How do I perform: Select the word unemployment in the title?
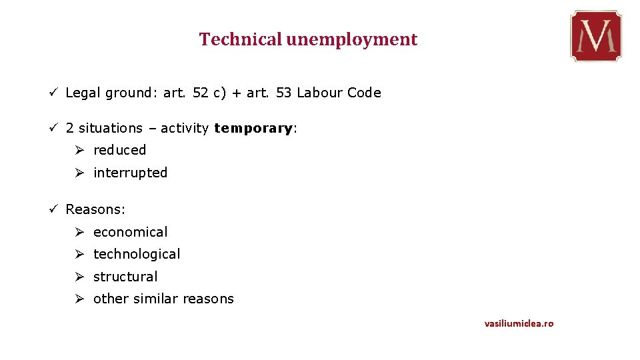click(x=352, y=40)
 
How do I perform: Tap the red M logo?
click(x=595, y=36)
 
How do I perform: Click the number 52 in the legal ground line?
click(x=200, y=93)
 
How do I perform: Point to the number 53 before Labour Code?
click(x=283, y=93)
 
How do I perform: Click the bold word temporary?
click(x=253, y=128)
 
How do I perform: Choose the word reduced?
click(x=119, y=150)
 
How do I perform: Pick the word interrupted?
click(x=130, y=173)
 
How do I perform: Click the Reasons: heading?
click(x=95, y=209)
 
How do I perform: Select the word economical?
click(x=130, y=232)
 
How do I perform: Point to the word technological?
click(x=137, y=254)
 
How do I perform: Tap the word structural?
click(x=125, y=277)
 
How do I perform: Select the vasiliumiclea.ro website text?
click(x=519, y=323)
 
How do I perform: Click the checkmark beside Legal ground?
click(x=53, y=93)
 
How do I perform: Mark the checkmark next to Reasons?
click(x=53, y=209)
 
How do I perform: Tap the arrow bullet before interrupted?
click(x=79, y=173)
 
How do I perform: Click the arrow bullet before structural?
click(x=79, y=277)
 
